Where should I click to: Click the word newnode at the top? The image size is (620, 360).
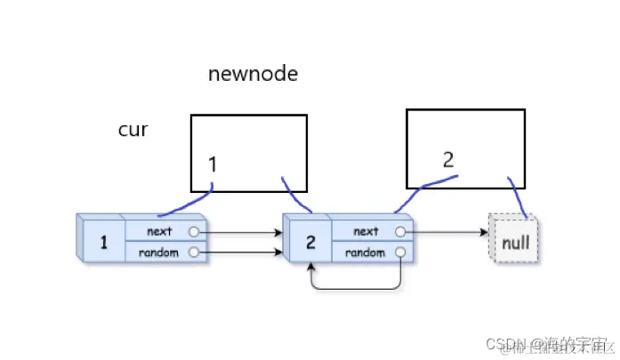[x=253, y=74]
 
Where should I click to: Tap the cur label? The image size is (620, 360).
[x=133, y=130]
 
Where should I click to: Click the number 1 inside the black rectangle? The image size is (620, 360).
[x=213, y=164]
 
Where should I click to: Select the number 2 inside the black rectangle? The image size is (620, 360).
[x=448, y=160]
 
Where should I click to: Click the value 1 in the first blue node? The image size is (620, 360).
[x=103, y=242]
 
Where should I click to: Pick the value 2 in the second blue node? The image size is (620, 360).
[x=310, y=242]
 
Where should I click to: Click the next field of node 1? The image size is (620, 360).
[x=160, y=231]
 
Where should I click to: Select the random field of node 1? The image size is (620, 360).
[x=160, y=252]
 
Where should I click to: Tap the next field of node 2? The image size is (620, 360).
[x=366, y=231]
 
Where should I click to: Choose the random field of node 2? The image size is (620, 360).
[x=366, y=252]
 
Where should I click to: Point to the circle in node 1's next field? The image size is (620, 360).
[x=193, y=232]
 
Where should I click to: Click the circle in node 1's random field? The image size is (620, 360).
[x=193, y=252]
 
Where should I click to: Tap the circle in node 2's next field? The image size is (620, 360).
[x=399, y=232]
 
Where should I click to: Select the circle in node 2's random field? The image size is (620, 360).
[x=399, y=252]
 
